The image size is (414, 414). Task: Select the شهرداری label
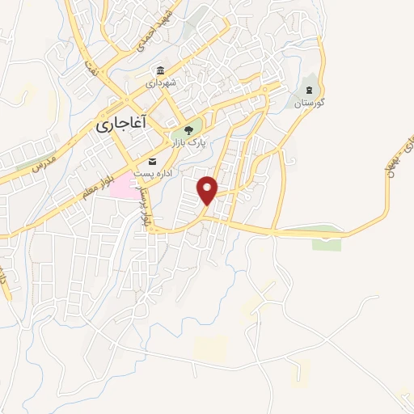click(161, 82)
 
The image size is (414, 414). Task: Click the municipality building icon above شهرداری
click(161, 70)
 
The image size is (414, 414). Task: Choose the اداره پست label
click(152, 172)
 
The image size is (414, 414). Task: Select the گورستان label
click(309, 103)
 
